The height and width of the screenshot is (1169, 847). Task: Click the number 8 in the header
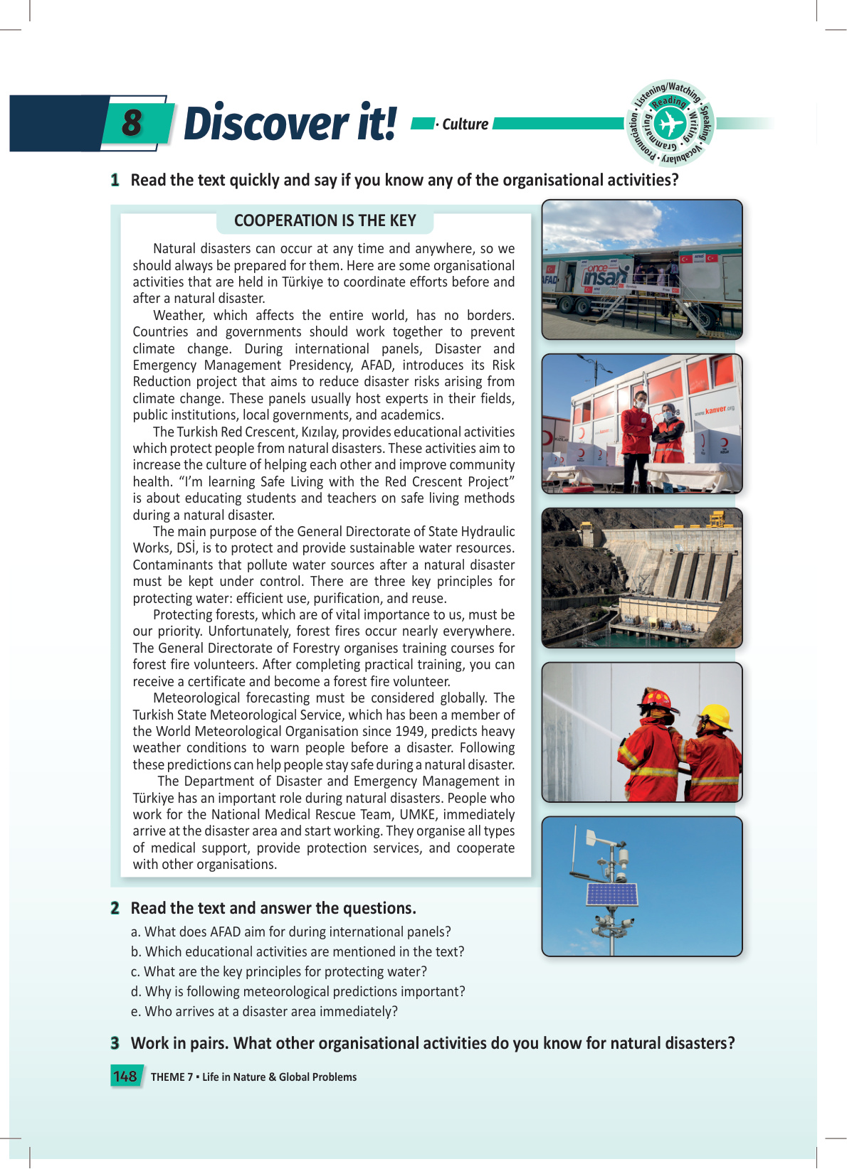[x=132, y=122]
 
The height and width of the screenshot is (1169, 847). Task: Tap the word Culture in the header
[x=465, y=124]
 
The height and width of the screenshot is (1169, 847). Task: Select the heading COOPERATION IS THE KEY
[x=325, y=220]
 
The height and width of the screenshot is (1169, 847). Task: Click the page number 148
[x=125, y=1077]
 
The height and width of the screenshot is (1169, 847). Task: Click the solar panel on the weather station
[x=611, y=894]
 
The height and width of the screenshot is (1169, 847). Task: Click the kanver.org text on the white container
[x=714, y=410]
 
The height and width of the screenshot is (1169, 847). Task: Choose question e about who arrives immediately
[x=264, y=1011]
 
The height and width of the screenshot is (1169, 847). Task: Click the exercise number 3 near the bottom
[x=115, y=1043]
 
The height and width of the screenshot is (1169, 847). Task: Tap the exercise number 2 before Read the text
[x=115, y=908]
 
